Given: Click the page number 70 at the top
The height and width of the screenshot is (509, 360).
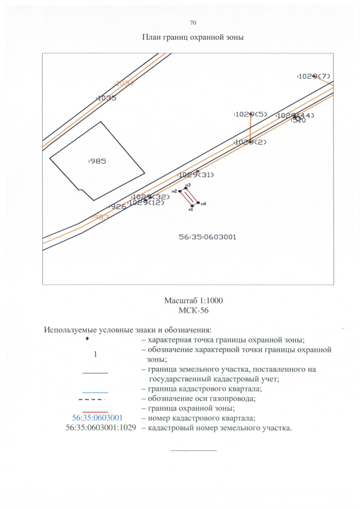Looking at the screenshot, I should tap(193, 23).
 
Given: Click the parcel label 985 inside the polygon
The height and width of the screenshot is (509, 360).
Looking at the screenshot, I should tap(98, 161).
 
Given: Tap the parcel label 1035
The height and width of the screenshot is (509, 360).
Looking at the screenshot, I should tap(106, 98).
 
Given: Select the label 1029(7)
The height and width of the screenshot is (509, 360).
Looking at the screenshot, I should tap(314, 76).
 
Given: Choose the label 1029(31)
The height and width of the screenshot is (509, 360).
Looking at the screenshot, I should tap(196, 175).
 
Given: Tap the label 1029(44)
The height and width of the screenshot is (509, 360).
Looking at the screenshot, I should tap(295, 115).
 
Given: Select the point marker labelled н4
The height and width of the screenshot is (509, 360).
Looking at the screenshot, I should tap(198, 202).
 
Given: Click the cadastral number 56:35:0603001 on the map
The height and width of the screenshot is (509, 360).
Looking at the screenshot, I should tap(208, 237).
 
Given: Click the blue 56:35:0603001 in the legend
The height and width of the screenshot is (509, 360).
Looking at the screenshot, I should tap(94, 418).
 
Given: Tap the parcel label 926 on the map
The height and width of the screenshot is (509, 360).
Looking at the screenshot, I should tap(118, 207).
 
